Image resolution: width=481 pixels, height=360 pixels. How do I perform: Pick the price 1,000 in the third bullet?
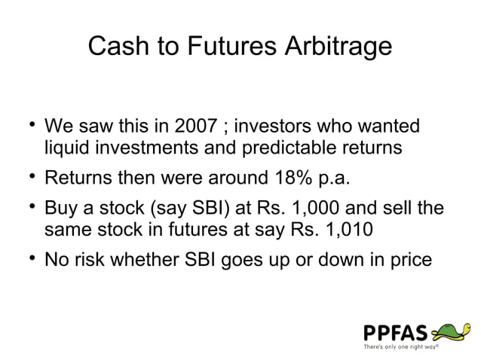tap(308, 206)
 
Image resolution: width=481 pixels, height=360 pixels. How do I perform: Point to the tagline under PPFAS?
tap(400, 347)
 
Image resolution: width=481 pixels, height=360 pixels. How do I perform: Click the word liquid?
tap(66, 148)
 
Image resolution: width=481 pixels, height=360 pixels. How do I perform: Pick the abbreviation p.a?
tap(332, 179)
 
